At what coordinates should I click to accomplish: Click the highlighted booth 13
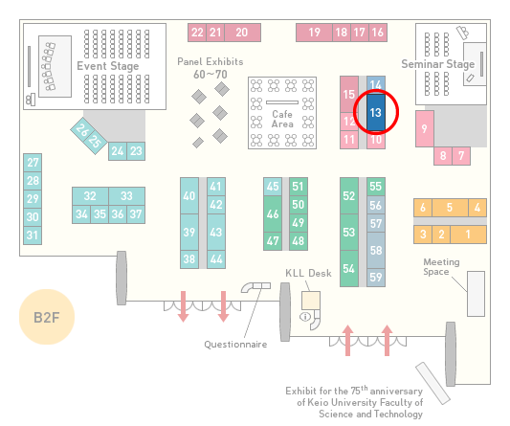376,112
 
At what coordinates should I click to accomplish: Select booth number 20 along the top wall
242,33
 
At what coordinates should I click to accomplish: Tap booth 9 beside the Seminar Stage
425,129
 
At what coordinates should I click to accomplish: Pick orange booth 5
450,208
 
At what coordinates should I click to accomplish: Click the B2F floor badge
47,317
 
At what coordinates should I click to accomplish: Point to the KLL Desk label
308,273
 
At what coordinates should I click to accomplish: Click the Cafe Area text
282,119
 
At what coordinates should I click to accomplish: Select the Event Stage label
108,66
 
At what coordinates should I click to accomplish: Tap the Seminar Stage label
438,64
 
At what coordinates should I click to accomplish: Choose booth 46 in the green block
273,213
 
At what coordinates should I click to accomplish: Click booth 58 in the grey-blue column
376,250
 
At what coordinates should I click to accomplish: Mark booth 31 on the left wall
33,235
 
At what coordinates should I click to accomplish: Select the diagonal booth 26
82,130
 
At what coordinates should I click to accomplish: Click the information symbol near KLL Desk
305,316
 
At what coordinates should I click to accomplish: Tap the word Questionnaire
235,345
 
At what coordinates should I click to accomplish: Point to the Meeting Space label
441,267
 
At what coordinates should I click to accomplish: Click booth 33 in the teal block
127,196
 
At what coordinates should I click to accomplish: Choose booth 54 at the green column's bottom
349,268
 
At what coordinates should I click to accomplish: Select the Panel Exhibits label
211,61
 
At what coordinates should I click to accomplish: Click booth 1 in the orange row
468,235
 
